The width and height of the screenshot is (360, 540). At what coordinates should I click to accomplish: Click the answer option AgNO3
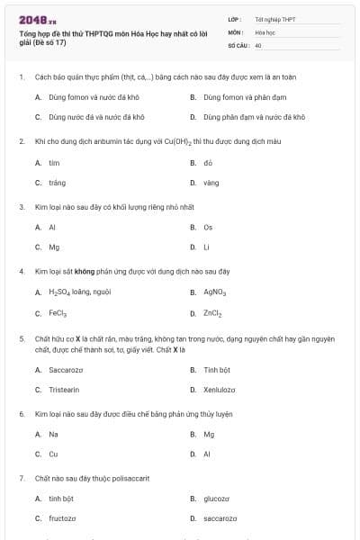click(x=214, y=292)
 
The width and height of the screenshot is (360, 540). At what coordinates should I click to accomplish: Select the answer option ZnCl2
click(x=212, y=313)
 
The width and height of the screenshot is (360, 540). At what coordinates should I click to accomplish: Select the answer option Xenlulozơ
click(x=220, y=390)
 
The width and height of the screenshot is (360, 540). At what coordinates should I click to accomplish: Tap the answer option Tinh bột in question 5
click(x=217, y=369)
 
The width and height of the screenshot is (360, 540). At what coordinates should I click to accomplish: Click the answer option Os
click(x=208, y=227)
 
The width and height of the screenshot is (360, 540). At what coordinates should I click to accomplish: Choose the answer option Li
click(x=206, y=247)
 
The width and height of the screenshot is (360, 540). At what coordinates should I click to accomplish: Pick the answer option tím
click(x=54, y=163)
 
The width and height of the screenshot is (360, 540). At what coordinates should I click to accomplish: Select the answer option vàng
click(x=211, y=183)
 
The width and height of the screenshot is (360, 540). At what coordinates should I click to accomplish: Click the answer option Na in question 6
click(x=53, y=434)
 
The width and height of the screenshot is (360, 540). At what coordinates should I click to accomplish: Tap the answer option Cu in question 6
click(x=53, y=454)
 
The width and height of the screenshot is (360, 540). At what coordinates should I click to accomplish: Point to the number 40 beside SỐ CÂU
click(x=258, y=44)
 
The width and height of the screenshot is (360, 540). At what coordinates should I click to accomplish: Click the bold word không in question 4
click(x=85, y=271)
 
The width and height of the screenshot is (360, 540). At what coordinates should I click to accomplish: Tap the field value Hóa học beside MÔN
click(x=264, y=31)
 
